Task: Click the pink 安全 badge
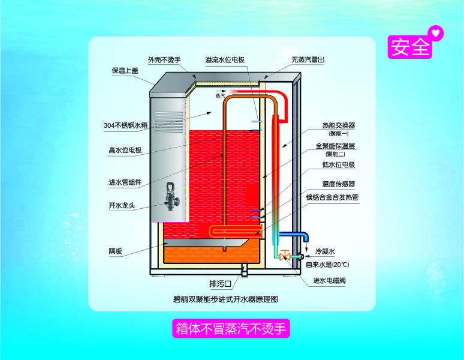coord(409,47)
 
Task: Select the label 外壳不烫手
coord(164,60)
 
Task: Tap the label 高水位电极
coord(125,150)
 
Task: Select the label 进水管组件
coord(125,182)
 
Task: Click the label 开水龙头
coord(122,206)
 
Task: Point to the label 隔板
coord(115,251)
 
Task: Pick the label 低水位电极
coord(339,164)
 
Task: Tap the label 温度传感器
coord(339,184)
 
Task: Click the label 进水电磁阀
coord(333,280)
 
